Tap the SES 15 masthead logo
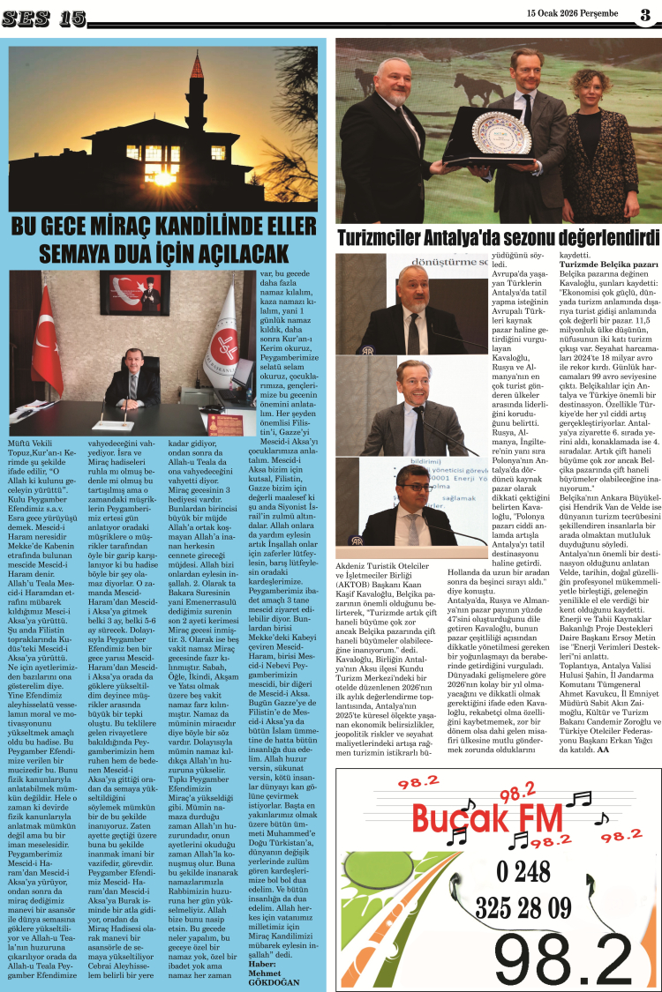48,17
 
